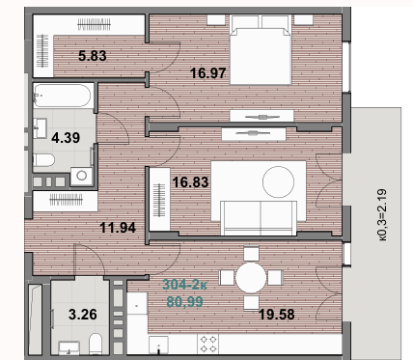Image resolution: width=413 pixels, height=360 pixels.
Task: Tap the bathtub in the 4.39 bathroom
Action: coord(63,97)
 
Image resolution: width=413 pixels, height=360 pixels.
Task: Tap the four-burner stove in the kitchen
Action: coord(210,343)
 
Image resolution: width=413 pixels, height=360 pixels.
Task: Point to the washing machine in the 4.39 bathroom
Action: coord(82,176)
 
